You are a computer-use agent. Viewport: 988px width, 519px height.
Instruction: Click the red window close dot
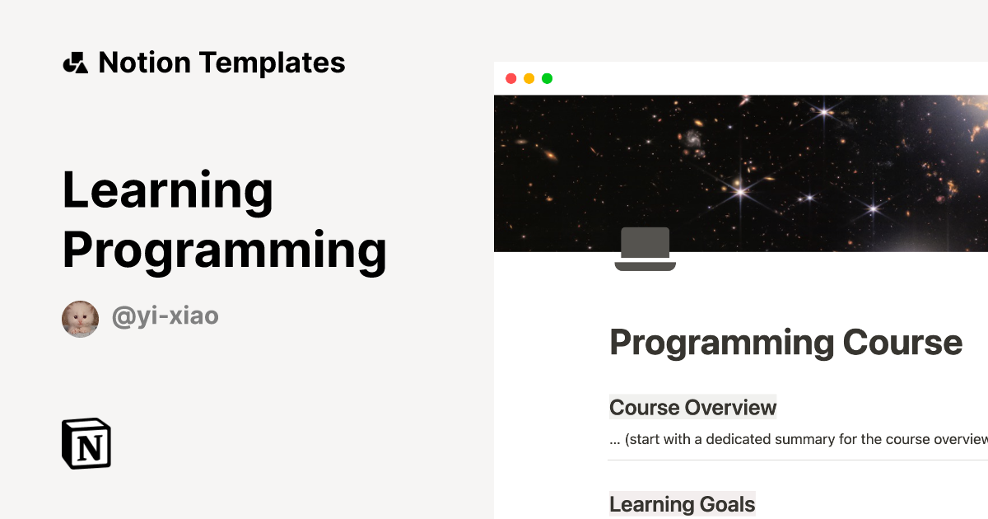510,78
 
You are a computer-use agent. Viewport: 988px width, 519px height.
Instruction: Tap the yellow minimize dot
529,78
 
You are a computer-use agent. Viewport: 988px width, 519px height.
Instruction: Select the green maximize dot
547,78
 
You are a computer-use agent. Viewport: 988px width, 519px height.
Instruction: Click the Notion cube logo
86,444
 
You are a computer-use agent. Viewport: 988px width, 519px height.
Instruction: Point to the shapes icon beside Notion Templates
75,63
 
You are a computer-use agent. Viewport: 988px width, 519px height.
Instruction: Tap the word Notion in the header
144,63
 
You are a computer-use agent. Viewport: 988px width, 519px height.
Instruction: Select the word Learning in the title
167,191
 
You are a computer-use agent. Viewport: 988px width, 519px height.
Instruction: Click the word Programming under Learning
224,250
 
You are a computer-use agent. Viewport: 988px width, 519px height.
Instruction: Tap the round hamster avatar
80,319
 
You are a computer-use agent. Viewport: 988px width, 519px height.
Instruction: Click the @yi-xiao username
165,316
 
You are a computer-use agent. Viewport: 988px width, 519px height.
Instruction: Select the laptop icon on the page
645,250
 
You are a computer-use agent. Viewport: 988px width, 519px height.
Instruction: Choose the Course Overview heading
692,407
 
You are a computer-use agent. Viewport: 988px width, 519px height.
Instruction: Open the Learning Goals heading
682,503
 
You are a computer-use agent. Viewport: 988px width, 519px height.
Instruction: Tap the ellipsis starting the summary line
615,441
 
